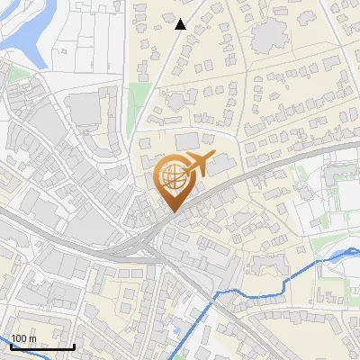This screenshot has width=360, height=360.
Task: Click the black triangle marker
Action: [181, 24]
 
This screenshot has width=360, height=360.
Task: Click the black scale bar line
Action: [42, 346]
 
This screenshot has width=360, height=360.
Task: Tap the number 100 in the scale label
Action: [21, 338]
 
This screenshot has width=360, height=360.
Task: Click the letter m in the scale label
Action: [33, 338]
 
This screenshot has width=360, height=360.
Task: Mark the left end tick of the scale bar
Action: [11, 345]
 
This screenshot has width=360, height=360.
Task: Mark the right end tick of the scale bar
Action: [74, 345]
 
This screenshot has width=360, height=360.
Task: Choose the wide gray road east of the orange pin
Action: [270, 171]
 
